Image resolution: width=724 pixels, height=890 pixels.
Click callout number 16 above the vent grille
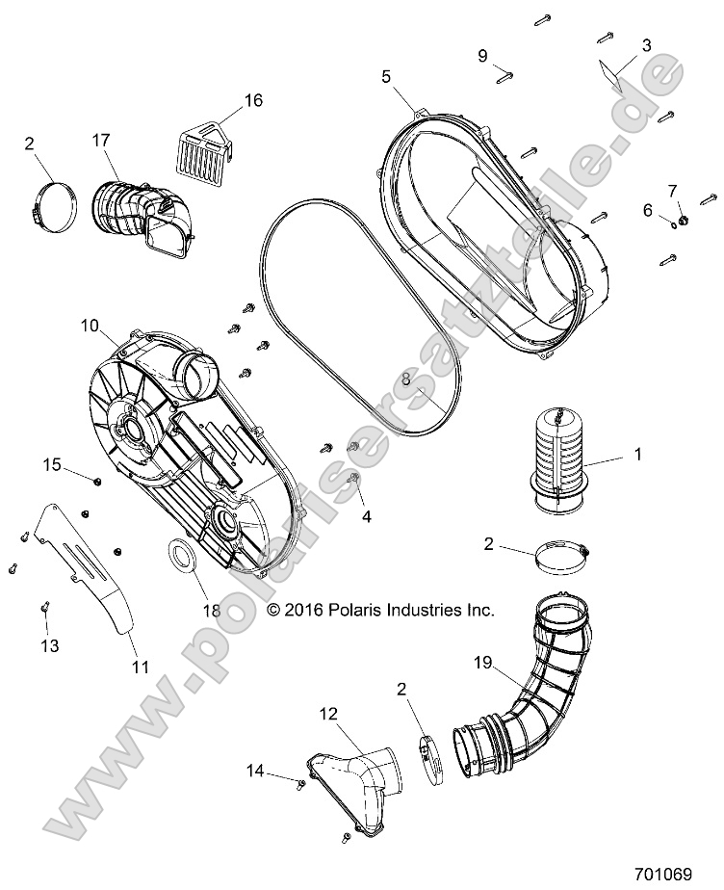[252, 100]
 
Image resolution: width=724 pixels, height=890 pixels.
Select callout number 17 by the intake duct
[101, 140]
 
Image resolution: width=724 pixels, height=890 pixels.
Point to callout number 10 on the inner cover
[90, 327]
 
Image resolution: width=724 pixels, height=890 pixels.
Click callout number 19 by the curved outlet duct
[483, 662]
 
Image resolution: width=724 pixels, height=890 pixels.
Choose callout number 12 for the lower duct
[328, 714]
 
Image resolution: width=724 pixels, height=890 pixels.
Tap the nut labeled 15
[98, 479]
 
